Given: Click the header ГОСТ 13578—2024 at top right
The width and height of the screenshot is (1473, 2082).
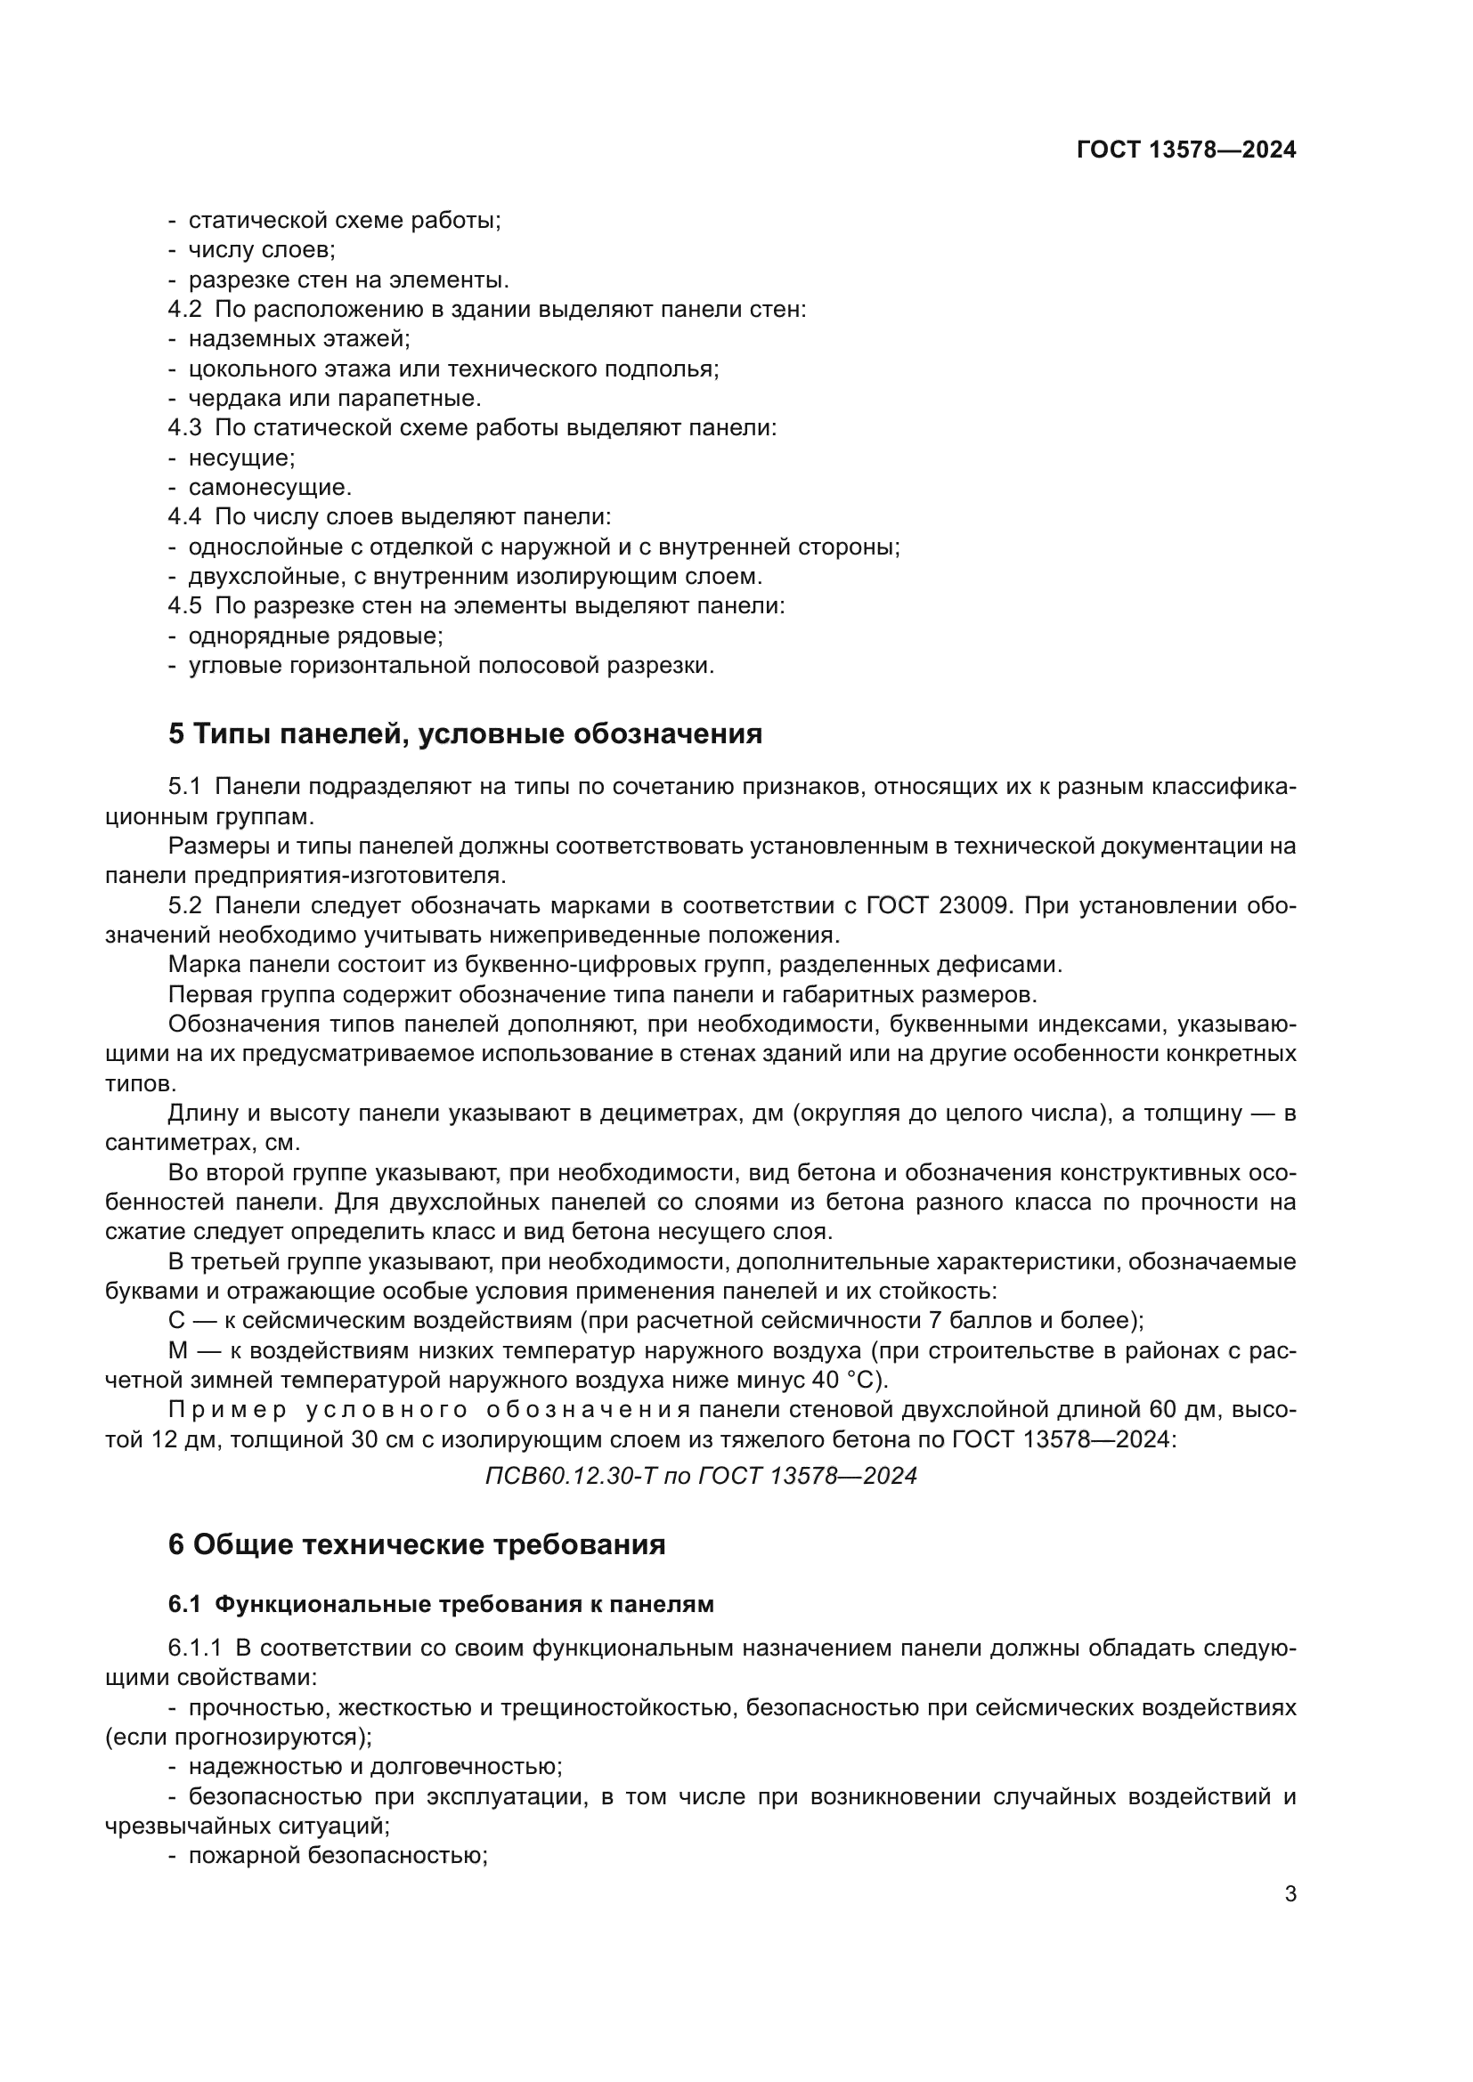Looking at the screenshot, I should click(x=1185, y=150).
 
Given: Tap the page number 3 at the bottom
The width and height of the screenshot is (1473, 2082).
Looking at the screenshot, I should click(x=1290, y=1894).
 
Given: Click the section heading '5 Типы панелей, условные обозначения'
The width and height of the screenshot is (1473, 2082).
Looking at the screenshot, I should click(x=464, y=733).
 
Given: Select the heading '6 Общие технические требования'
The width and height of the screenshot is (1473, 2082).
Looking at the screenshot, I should click(x=416, y=1544).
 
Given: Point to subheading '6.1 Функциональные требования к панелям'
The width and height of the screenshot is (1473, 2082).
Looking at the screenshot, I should click(x=441, y=1604).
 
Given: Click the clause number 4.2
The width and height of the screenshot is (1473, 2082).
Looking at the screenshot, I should click(x=184, y=309).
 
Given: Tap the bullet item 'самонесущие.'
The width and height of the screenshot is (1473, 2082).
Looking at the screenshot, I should click(x=269, y=488).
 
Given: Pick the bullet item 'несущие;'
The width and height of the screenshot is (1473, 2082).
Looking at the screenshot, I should click(x=241, y=458).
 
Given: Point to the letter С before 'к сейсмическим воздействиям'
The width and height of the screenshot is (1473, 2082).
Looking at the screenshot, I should click(x=176, y=1320).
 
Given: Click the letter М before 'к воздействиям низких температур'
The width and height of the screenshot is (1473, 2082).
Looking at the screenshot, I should click(x=178, y=1350).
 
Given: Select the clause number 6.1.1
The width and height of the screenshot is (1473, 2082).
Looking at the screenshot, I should click(x=194, y=1648).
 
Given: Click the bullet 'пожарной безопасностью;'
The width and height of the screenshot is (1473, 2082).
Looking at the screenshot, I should click(x=338, y=1855).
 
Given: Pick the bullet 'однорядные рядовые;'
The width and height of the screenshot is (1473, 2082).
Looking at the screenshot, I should click(x=314, y=636).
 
